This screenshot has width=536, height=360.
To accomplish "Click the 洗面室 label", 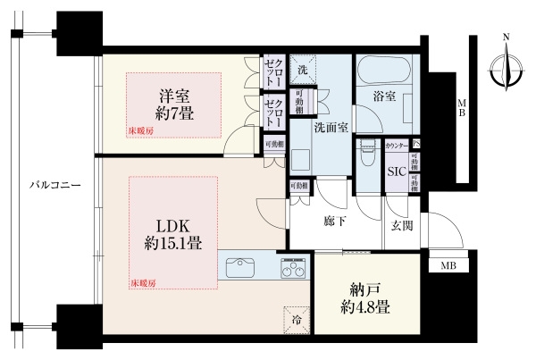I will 330,127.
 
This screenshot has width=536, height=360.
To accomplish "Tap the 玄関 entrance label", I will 401,227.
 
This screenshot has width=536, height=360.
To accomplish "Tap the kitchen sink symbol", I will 241,266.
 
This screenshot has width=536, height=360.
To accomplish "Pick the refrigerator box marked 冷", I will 295,317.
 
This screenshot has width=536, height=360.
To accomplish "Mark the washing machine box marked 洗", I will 302,70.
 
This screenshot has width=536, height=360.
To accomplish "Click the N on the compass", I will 506,37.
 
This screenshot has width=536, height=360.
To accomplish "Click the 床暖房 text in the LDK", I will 143,283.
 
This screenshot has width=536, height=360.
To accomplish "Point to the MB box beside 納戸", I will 447,265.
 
